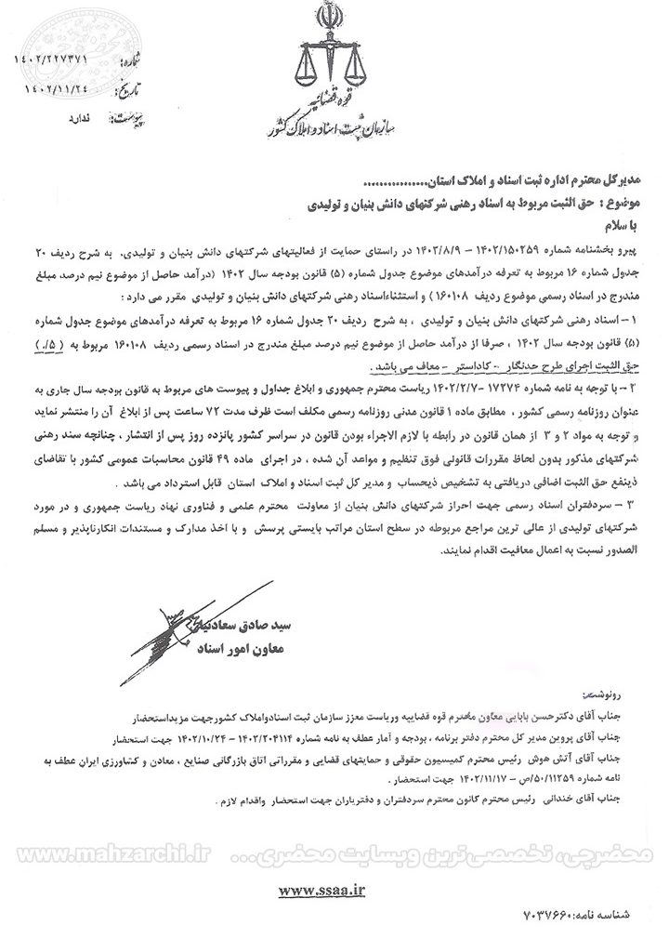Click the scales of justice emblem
pyautogui.click(x=326, y=66)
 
